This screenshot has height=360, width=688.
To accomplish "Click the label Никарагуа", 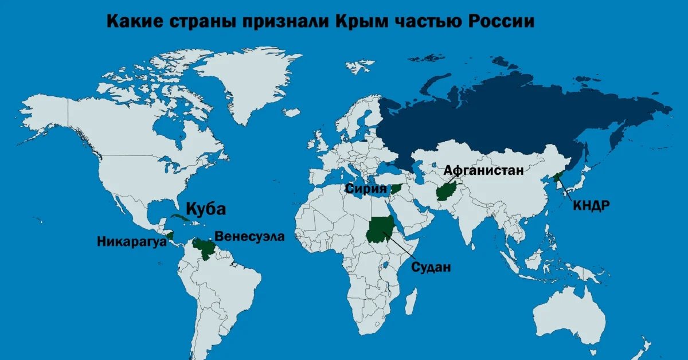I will tap(131, 242).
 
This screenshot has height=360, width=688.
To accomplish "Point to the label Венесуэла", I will tap(249, 236).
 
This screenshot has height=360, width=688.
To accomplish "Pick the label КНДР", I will tap(591, 205).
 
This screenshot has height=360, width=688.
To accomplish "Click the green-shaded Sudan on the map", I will tap(379, 229).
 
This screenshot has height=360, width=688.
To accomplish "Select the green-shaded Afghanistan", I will tap(445, 191).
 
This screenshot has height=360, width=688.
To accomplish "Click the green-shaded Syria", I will tap(396, 189).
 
